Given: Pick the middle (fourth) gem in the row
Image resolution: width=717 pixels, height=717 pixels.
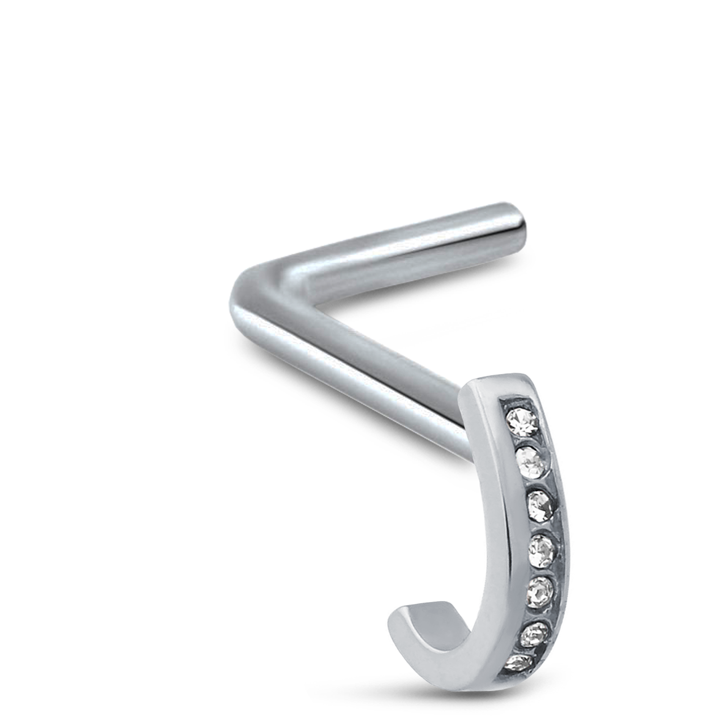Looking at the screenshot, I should (x=543, y=548).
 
